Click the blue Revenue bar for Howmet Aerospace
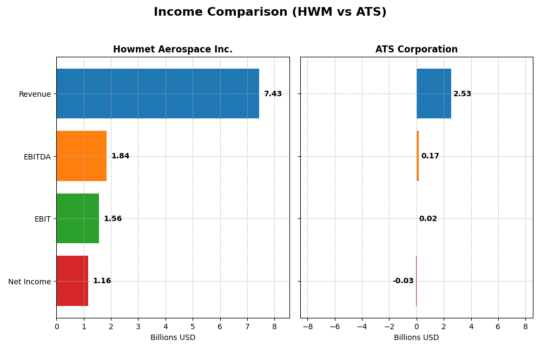click(x=157, y=94)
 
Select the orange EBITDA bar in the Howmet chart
click(x=81, y=156)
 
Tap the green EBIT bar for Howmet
click(x=77, y=218)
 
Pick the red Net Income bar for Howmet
click(x=72, y=281)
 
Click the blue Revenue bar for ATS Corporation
click(x=434, y=94)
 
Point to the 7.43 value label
click(x=273, y=94)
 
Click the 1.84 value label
click(x=120, y=156)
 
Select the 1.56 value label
click(x=113, y=219)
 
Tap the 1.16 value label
click(x=102, y=281)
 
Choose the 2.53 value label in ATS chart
click(x=462, y=94)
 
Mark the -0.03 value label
click(x=403, y=281)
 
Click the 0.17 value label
click(x=430, y=156)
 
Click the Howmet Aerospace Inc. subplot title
click(x=173, y=50)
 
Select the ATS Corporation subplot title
click(x=417, y=50)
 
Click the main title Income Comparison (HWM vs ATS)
click(x=270, y=12)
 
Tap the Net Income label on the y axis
click(x=30, y=282)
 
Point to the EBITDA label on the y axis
click(x=37, y=157)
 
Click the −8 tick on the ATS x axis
click(x=307, y=326)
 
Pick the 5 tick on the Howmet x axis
click(x=193, y=326)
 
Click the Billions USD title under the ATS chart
click(x=417, y=337)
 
